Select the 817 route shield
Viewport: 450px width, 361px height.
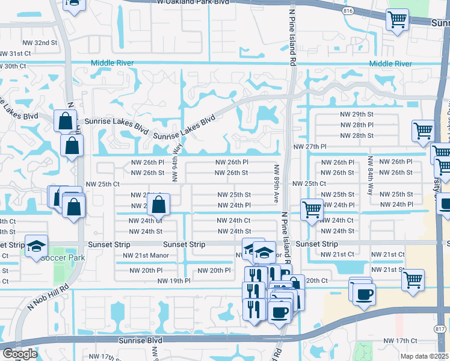click(440, 329)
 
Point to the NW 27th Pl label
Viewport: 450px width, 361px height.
click(309, 147)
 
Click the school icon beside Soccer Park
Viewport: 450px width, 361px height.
click(36, 245)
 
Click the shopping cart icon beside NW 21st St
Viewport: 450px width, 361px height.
click(413, 280)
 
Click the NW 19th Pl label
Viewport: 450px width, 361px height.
click(174, 281)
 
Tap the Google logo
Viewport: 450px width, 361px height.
click(20, 354)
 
